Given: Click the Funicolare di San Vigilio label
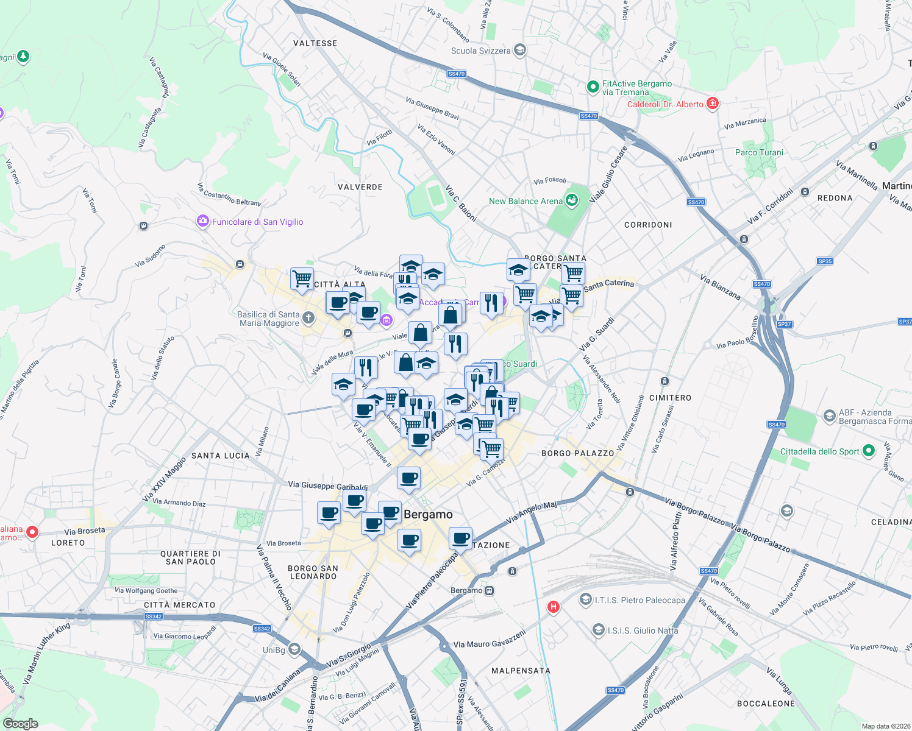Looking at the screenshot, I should pos(257,222).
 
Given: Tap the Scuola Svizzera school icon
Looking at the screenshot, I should pos(520,50).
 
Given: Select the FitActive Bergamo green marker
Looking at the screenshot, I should pos(593,87).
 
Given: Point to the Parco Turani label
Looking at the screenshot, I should pos(759,152).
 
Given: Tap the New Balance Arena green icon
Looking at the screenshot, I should pos(571,200).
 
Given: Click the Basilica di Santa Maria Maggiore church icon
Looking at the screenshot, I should pos(308,317).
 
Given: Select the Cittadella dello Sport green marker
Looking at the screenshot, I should pos(869,451).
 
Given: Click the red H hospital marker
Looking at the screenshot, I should pos(553,606).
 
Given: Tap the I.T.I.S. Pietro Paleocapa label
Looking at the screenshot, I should pos(639,600).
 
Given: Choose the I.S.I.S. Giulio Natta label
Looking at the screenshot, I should pos(643,630).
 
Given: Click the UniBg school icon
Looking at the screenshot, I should pos(294,649).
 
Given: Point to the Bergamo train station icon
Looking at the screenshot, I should pos(489,590).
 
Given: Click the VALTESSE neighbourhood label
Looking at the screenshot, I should pos(315,43).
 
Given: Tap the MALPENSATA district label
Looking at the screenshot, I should pos(521,671).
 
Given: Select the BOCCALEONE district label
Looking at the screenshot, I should pos(766,704).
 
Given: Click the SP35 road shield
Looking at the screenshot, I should pos(825,261).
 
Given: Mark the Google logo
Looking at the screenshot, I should pos(20,724).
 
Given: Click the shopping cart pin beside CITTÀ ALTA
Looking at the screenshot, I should pos(302,279).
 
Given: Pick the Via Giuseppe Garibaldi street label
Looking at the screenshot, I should pos(327,486).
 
